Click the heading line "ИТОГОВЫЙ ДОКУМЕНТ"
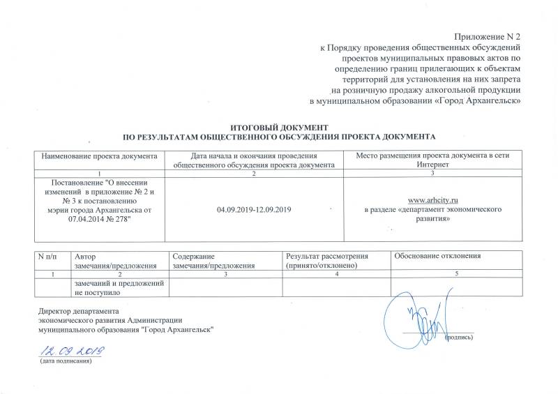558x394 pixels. click(278, 127)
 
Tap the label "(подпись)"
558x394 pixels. click(459, 338)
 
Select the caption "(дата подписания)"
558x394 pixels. click(66, 362)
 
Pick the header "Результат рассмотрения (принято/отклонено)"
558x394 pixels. click(333, 262)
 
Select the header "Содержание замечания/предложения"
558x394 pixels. click(215, 262)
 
